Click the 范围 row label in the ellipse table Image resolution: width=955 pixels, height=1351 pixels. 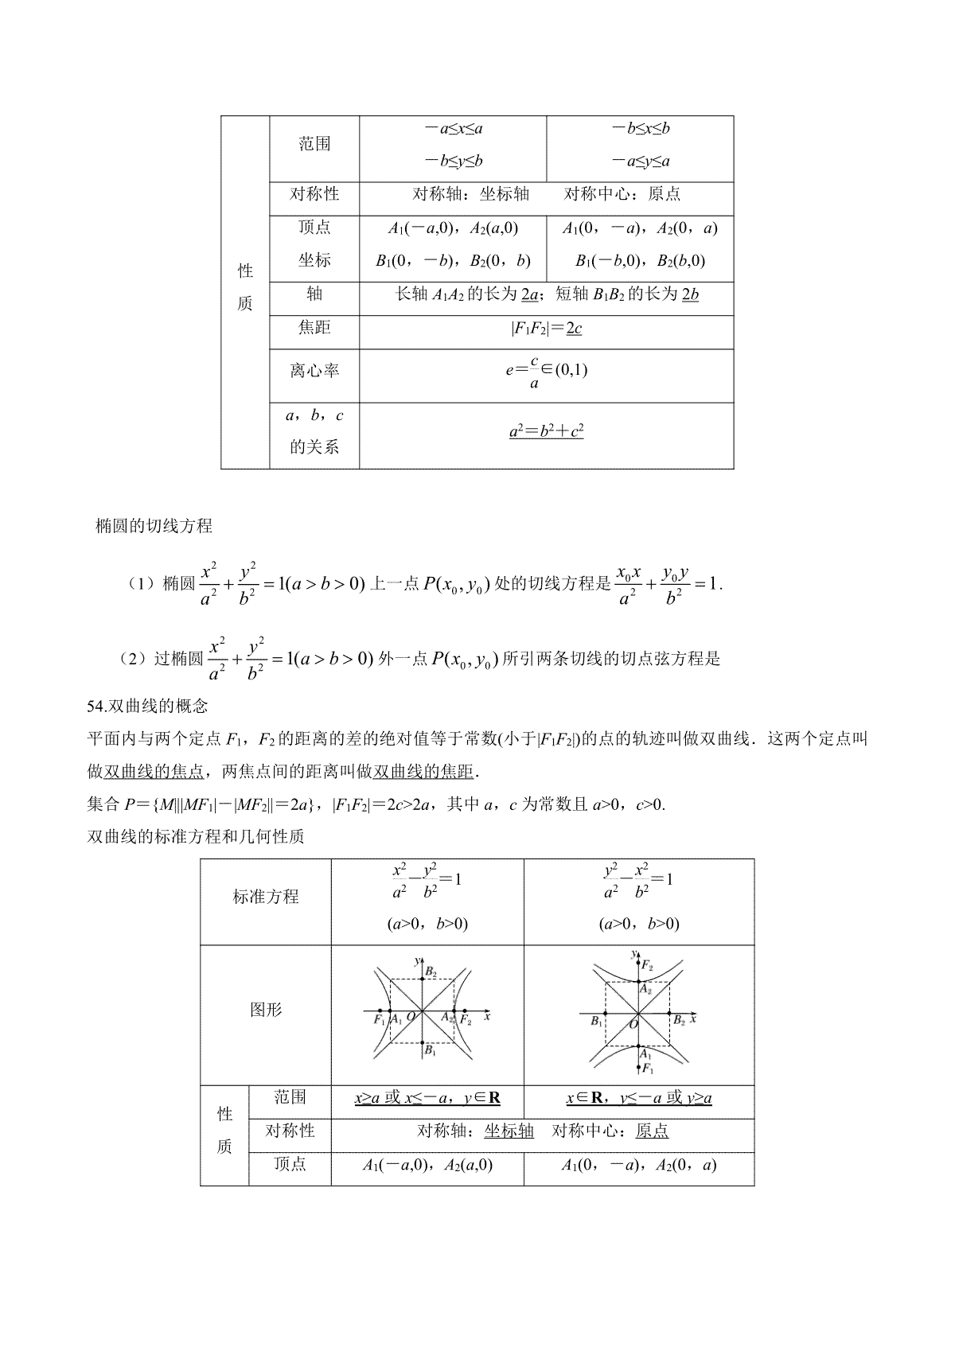(314, 144)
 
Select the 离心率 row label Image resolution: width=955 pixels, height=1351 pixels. (314, 371)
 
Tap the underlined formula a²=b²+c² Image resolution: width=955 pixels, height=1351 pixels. (546, 432)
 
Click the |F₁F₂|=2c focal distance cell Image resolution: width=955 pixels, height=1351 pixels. (546, 328)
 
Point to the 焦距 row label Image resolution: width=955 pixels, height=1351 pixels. (314, 328)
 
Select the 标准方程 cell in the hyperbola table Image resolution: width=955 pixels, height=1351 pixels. (266, 897)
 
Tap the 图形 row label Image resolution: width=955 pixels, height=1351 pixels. (266, 1010)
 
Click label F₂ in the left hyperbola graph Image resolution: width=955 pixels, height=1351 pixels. (466, 1021)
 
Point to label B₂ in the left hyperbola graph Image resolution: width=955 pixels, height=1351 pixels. (431, 971)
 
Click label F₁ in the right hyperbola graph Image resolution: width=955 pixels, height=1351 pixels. (648, 1068)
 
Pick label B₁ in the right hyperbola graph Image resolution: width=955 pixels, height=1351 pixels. (597, 1021)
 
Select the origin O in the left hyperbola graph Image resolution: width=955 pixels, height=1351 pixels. (411, 1017)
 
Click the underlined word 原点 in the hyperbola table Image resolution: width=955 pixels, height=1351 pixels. (652, 1131)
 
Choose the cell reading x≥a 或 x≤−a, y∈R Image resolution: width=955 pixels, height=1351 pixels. (427, 1098)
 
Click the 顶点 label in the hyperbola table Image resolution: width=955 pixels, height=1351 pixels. (290, 1164)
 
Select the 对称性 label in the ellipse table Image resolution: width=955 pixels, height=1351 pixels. (314, 194)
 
